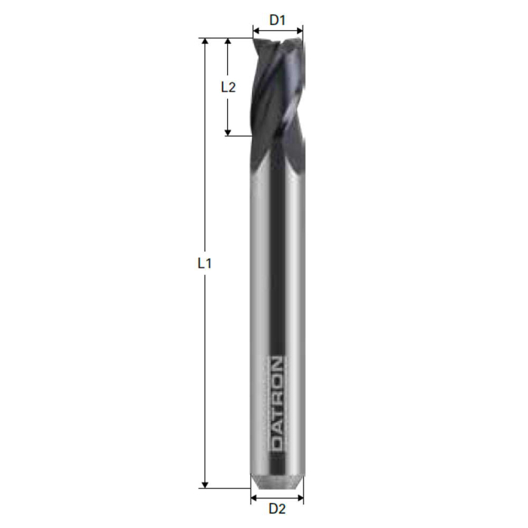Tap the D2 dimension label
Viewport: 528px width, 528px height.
point(277,509)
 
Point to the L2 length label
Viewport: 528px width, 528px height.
point(228,87)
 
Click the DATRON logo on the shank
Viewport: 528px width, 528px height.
point(277,404)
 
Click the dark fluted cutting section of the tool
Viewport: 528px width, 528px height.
point(277,98)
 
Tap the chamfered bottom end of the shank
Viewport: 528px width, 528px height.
point(277,480)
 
